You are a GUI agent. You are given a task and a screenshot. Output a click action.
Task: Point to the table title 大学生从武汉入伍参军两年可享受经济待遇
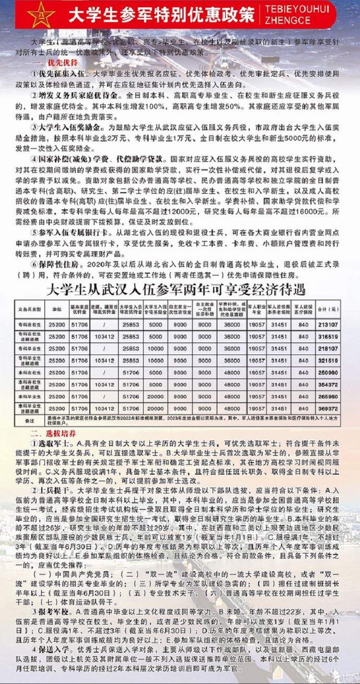[176, 289]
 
